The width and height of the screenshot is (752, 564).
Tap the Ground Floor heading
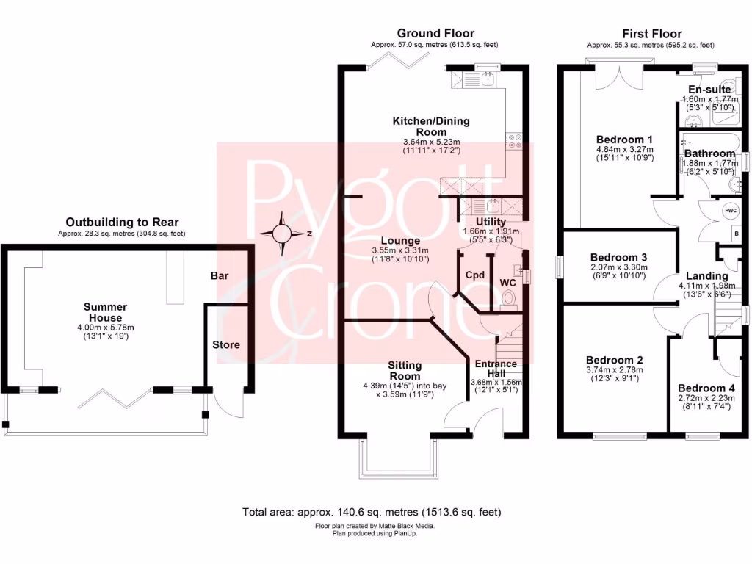point(435,34)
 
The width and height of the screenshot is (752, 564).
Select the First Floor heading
point(651,34)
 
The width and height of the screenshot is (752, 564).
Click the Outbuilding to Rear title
point(122,223)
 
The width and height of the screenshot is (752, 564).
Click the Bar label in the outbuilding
point(219,276)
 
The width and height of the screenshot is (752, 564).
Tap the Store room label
point(226,344)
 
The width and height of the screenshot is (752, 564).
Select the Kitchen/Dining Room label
point(431,126)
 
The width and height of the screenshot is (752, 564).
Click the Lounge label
point(400,241)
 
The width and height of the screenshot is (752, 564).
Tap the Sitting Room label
point(405,370)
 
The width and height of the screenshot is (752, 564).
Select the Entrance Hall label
point(496,369)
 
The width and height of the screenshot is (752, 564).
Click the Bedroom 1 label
point(625,140)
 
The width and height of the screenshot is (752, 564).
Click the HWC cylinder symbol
point(731,211)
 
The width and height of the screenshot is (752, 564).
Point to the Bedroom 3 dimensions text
point(618,272)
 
